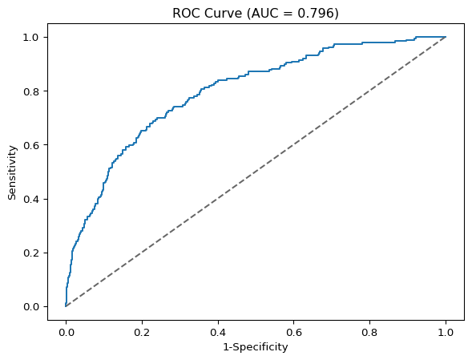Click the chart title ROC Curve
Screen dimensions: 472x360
click(x=207, y=14)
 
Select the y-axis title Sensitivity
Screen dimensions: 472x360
click(x=12, y=172)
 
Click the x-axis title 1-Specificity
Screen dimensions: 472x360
click(x=256, y=347)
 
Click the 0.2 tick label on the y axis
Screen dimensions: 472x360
click(x=31, y=253)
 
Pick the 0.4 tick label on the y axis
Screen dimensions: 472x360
click(x=31, y=199)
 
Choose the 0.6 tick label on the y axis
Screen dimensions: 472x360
click(x=31, y=145)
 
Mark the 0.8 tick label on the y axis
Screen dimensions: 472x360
click(x=31, y=91)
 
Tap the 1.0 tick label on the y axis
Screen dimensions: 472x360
click(x=31, y=38)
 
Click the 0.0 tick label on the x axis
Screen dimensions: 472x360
click(x=66, y=332)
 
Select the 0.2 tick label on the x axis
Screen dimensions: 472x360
click(x=142, y=332)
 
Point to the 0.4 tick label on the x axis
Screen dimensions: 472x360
click(x=218, y=332)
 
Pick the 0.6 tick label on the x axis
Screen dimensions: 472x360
click(x=294, y=332)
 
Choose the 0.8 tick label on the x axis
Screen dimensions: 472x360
click(x=369, y=332)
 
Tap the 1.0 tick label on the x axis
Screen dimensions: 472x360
click(x=446, y=332)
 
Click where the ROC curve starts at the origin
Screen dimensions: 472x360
click(x=66, y=306)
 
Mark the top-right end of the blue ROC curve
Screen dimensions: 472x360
click(x=446, y=37)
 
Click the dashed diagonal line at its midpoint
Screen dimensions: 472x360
click(x=256, y=172)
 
